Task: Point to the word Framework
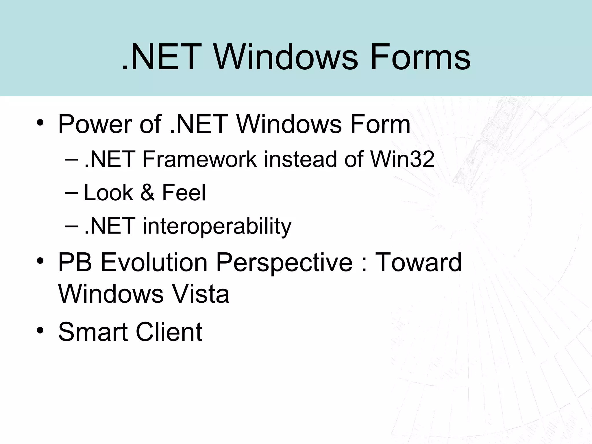pos(199,159)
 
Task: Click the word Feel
pos(184,193)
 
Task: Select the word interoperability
pos(217,226)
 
